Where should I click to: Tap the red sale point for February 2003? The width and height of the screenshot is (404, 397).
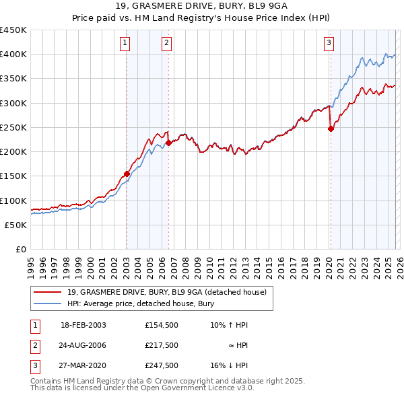pos(127,174)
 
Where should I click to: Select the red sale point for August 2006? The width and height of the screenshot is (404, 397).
pos(168,143)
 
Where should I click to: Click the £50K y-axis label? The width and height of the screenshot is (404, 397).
pos(16,225)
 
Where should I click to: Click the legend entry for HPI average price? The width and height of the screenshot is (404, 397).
pos(140,303)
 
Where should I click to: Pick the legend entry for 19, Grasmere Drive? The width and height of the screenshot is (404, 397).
pos(166,292)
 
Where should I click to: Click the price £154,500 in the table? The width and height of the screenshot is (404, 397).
pos(161,324)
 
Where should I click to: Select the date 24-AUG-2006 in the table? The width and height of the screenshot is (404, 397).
pos(83,345)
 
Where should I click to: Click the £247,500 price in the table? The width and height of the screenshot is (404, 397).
pos(161,366)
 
